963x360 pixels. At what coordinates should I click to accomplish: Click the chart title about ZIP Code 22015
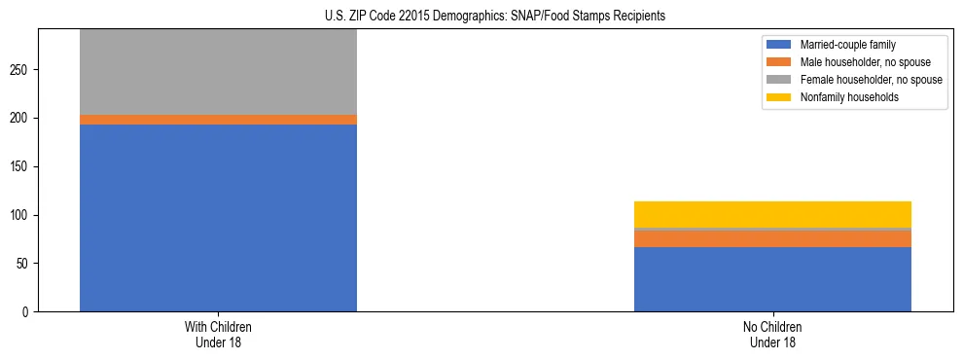pyautogui.click(x=495, y=17)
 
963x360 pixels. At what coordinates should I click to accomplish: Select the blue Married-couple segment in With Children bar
pyautogui.click(x=218, y=218)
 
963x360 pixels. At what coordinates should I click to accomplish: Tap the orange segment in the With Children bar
pyautogui.click(x=218, y=120)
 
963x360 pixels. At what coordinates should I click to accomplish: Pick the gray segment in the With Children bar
pyautogui.click(x=218, y=72)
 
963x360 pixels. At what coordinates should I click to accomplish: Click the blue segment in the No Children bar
pyautogui.click(x=772, y=279)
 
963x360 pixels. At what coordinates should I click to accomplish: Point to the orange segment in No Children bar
pyautogui.click(x=772, y=238)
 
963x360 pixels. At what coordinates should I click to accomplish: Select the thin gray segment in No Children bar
pyautogui.click(x=772, y=229)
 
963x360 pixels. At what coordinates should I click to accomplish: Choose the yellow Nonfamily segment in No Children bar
pyautogui.click(x=772, y=214)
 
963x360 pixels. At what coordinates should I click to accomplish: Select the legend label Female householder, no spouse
pyautogui.click(x=871, y=80)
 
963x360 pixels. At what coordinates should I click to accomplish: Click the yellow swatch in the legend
pyautogui.click(x=779, y=97)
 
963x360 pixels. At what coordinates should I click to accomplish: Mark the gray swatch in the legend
pyautogui.click(x=779, y=80)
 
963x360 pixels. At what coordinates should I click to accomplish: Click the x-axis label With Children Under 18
pyautogui.click(x=218, y=334)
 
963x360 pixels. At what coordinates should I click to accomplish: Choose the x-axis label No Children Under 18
pyautogui.click(x=772, y=334)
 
